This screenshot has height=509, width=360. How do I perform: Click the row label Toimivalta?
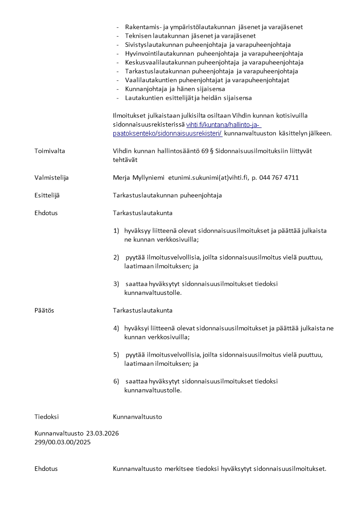[x=49, y=151]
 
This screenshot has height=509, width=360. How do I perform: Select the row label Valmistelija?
[x=52, y=178]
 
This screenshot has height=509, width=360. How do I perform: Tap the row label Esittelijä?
[x=47, y=196]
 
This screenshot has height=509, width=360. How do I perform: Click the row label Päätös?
[x=44, y=311]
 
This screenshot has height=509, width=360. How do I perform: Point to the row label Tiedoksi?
[x=47, y=417]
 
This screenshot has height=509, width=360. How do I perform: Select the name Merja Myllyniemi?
[x=139, y=178]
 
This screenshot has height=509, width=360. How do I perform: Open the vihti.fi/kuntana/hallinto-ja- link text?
[x=224, y=125]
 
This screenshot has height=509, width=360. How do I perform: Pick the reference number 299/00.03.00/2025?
[x=63, y=442]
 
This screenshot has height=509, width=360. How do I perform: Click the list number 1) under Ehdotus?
[x=116, y=231]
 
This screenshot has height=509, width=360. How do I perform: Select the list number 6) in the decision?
[x=116, y=382]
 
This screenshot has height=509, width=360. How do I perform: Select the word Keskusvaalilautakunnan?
[x=160, y=62]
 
